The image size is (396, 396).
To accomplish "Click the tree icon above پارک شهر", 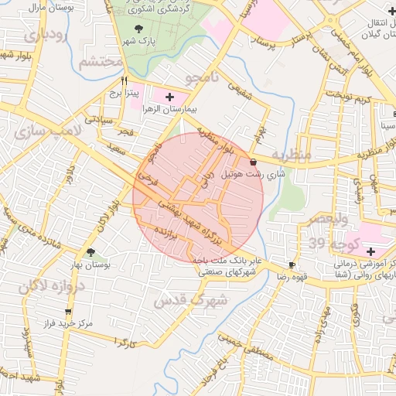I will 138,29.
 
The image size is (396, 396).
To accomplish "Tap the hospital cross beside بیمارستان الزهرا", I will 169,96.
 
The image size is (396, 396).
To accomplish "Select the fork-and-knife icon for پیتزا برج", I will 124,80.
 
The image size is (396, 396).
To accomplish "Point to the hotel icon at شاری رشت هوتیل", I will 254,161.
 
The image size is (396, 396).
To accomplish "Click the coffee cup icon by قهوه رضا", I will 291,264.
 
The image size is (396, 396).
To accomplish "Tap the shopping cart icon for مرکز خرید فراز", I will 68,312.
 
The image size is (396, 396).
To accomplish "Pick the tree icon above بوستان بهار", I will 91,252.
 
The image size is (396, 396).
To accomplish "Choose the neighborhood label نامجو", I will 203,78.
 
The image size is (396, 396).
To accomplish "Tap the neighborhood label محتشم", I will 101,62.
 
